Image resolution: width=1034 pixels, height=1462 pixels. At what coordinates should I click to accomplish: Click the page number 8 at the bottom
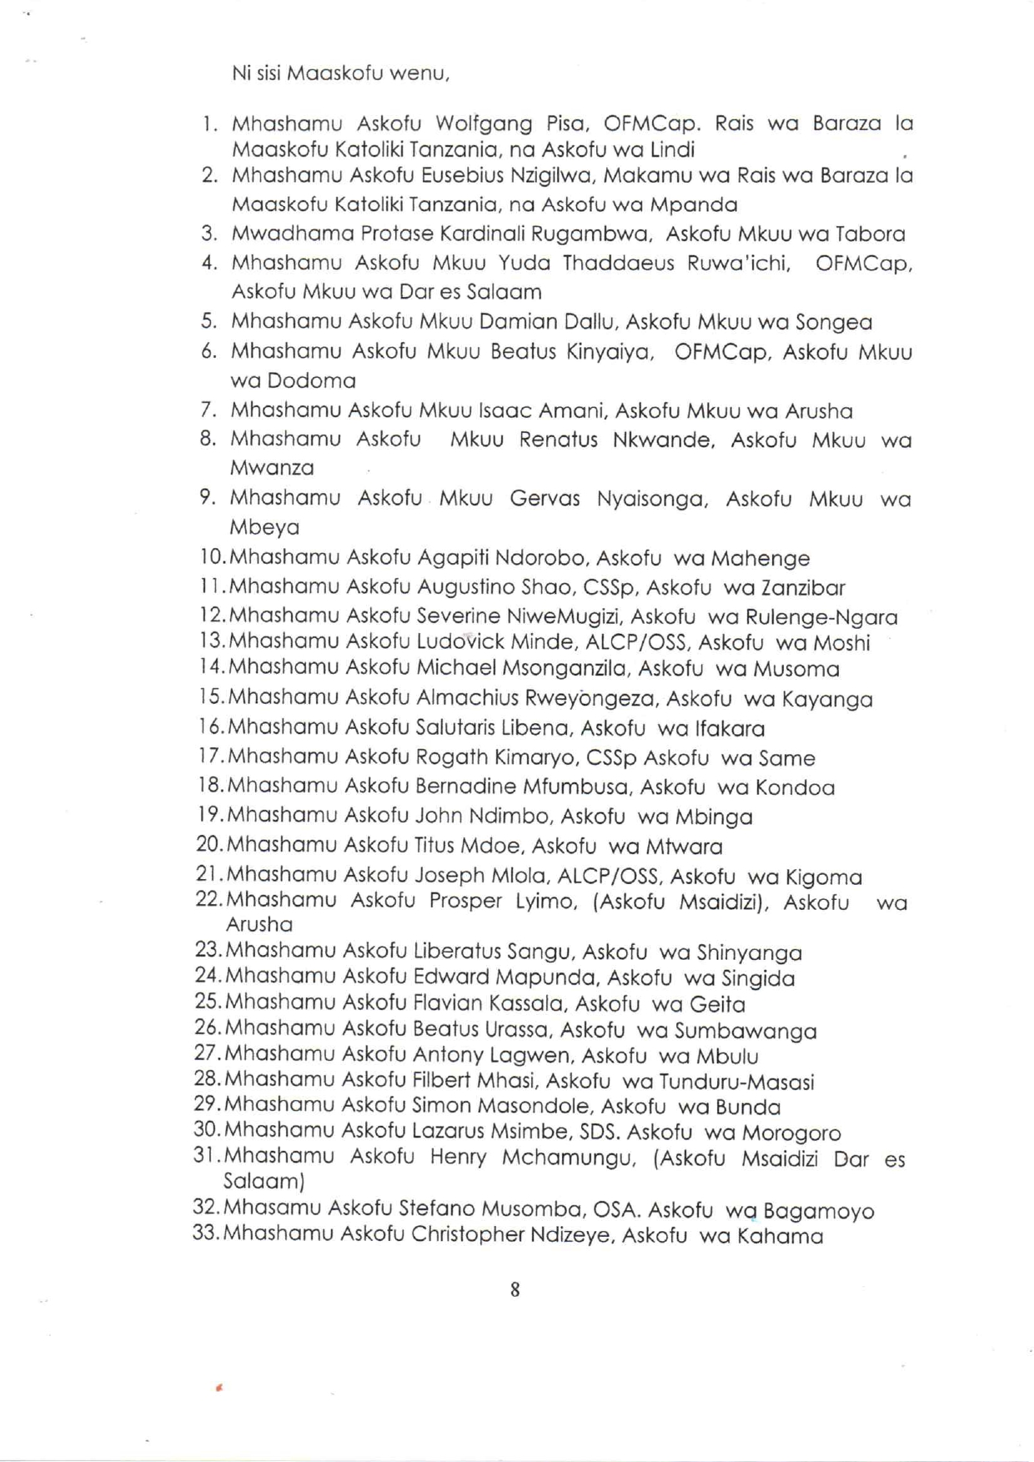coord(514,1289)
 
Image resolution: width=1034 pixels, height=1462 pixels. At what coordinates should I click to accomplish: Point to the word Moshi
coord(841,643)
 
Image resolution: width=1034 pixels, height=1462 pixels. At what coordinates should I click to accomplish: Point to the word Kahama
coord(780,1236)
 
